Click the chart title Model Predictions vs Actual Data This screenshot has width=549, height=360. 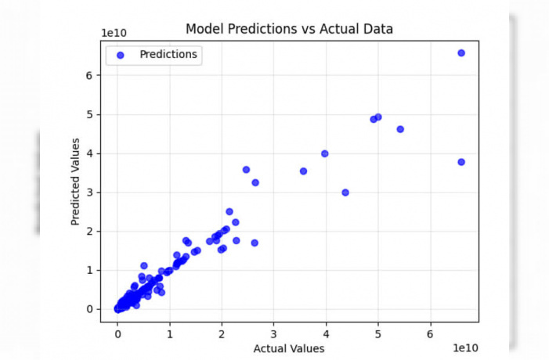tap(289, 29)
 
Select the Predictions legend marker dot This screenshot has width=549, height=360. tap(120, 55)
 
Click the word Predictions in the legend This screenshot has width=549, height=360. tap(168, 54)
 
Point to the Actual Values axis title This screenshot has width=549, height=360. tap(289, 348)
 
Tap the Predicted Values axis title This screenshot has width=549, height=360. tap(75, 182)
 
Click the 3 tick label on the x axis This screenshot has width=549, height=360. tap(273, 334)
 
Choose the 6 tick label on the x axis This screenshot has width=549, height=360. tap(430, 334)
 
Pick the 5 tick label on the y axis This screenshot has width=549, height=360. tap(89, 115)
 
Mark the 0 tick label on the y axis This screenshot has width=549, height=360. tap(89, 309)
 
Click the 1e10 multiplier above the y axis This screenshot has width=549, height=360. tap(114, 33)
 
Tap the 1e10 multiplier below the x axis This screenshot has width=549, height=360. tap(465, 347)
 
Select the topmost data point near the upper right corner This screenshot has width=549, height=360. tap(461, 53)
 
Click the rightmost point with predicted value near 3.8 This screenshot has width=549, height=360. tap(461, 162)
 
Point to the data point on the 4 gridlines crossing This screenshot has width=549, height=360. tap(324, 153)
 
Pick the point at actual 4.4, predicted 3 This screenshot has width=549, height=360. tap(345, 193)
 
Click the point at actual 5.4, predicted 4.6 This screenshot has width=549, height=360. tap(400, 129)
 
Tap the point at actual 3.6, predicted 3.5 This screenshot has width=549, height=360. tap(304, 171)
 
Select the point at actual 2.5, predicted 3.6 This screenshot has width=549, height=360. tap(246, 170)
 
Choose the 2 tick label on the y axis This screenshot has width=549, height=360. tap(89, 232)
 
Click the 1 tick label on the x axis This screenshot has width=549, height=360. tap(170, 334)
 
